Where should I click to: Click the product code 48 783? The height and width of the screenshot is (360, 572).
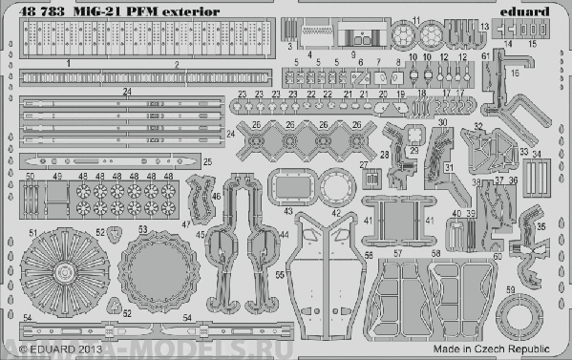[x=32, y=11]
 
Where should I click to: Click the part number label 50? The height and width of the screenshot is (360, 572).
[x=31, y=177]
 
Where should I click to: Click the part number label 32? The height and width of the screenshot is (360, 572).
[x=477, y=126]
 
